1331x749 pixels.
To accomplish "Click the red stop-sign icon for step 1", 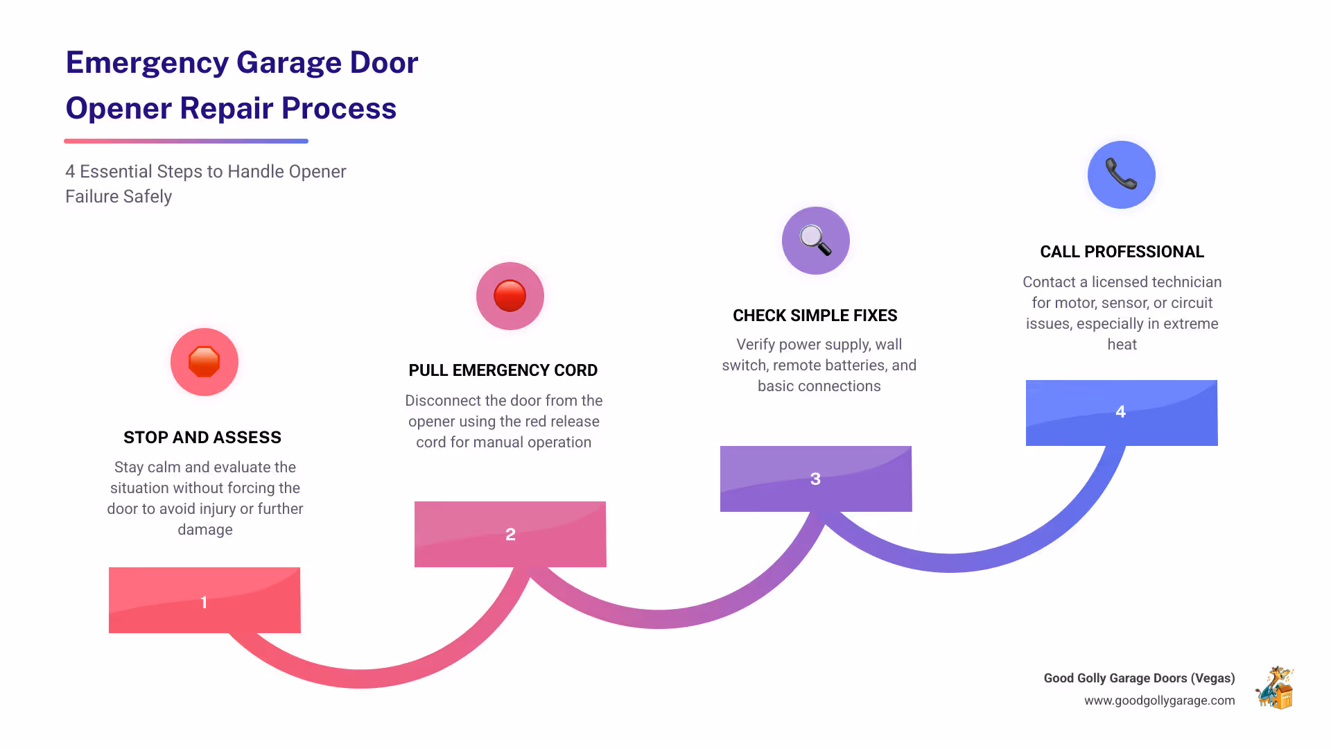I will tap(204, 362).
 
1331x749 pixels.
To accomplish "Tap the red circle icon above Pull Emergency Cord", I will tap(510, 296).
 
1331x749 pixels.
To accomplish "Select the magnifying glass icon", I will tap(815, 241).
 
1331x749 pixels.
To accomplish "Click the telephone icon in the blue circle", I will tap(1121, 174).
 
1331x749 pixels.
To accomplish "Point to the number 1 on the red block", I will tap(204, 602).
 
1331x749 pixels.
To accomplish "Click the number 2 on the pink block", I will tap(510, 534).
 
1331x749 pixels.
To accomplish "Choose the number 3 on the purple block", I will tap(815, 479).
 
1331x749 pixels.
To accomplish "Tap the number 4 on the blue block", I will tap(1120, 411).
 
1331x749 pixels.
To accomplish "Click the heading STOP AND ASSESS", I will tap(202, 438).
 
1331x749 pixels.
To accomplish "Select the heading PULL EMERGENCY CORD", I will tap(503, 370).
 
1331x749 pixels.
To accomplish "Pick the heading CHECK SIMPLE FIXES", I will tap(815, 316).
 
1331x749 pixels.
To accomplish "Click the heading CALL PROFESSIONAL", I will tap(1122, 252).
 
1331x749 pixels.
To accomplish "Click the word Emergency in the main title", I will tap(147, 63).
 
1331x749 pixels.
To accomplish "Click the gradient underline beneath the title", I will tap(186, 141).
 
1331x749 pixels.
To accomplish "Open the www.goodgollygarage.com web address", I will tap(1159, 700).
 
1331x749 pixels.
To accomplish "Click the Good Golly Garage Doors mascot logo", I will tap(1275, 688).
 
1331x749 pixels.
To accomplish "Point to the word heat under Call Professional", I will tap(1122, 345).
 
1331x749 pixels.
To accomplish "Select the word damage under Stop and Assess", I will tap(205, 530).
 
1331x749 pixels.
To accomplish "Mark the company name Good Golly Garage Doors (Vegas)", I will tap(1139, 678).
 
